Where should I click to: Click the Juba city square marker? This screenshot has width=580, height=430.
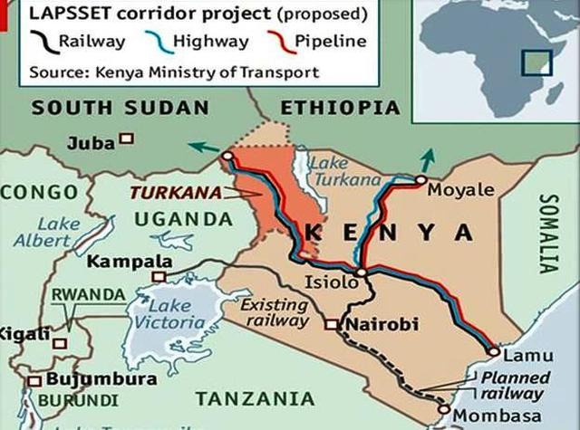pyautogui.click(x=127, y=139)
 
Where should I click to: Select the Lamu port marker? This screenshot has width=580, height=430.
pyautogui.click(x=493, y=352)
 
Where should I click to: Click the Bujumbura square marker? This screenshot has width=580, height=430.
pyautogui.click(x=35, y=380)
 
